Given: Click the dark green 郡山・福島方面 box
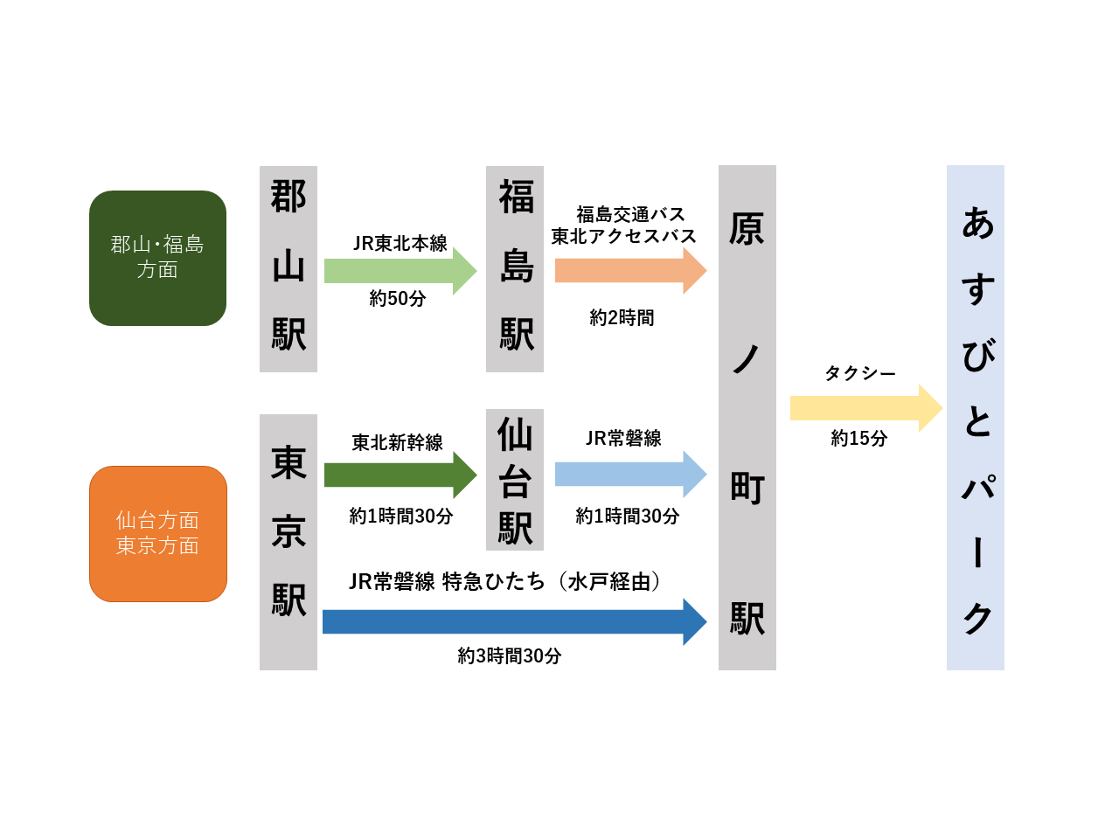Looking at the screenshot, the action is point(157,258).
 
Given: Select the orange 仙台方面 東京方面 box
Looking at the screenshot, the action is point(158,533).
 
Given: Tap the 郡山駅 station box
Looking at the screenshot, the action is point(288,268).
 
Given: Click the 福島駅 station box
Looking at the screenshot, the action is point(514,268).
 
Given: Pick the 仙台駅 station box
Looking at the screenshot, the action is point(514,479).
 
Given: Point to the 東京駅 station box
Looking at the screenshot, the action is point(288,542).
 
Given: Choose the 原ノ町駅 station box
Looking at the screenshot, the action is point(747,417).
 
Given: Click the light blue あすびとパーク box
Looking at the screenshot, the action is point(976,417).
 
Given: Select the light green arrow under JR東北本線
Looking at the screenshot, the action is point(400,271).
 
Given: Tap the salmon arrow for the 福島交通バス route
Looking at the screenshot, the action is point(630,271).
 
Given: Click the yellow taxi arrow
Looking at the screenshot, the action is point(866,408).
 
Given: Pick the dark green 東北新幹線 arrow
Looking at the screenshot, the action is point(400,475).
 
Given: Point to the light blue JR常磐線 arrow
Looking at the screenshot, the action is point(630,474).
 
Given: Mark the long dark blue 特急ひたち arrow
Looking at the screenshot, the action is point(514,621).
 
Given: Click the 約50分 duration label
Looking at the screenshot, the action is point(398,299).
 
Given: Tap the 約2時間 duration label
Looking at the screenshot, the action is point(622,318).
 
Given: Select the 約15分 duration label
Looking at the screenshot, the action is point(859,438).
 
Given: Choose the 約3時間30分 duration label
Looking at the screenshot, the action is point(510,655).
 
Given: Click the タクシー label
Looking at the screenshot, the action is point(860,373).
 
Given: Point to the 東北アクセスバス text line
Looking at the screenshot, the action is point(623,236).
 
